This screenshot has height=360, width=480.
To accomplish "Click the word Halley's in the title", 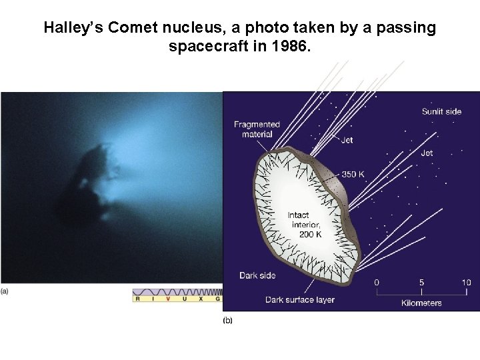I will coord(72,28).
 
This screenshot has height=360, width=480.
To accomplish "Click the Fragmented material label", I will coord(257,129).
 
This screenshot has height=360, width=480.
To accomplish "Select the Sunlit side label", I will coord(441,111).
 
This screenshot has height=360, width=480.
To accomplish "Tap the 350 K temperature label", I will coord(354,174).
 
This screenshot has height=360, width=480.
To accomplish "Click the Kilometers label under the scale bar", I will coord(421,303).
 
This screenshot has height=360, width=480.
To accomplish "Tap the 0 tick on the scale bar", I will coord(377,283).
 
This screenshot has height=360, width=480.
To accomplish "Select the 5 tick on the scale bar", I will coord(421,283).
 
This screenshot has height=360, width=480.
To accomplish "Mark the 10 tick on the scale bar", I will coord(466,283).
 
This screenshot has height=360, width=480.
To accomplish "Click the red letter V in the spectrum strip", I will coord(168,299).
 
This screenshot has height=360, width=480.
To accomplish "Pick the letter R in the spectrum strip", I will coord(138,299).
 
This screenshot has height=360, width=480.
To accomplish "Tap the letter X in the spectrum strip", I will coord(200,299).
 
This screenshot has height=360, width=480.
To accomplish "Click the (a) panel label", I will coord(6,291).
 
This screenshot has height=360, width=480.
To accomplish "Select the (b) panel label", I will coord(227,321).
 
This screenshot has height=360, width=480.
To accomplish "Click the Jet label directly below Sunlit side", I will coord(427,153).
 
